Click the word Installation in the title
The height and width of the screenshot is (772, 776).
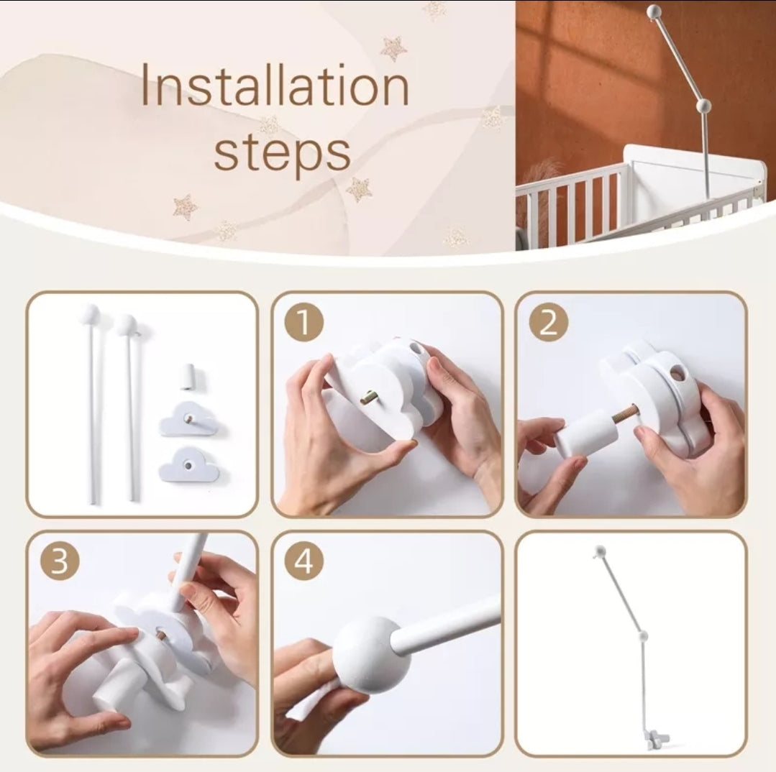(x=275, y=86)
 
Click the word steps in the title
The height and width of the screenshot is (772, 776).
(x=282, y=152)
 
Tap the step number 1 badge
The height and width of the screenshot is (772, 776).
(x=304, y=323)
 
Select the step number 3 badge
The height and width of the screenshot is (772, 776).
(x=60, y=562)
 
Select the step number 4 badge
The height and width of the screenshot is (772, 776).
(x=304, y=562)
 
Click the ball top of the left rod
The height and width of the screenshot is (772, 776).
(x=89, y=313)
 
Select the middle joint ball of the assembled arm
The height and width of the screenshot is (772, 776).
(x=644, y=635)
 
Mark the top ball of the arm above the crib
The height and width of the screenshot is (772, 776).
(x=654, y=11)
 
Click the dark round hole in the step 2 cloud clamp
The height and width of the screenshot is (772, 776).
(x=677, y=376)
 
